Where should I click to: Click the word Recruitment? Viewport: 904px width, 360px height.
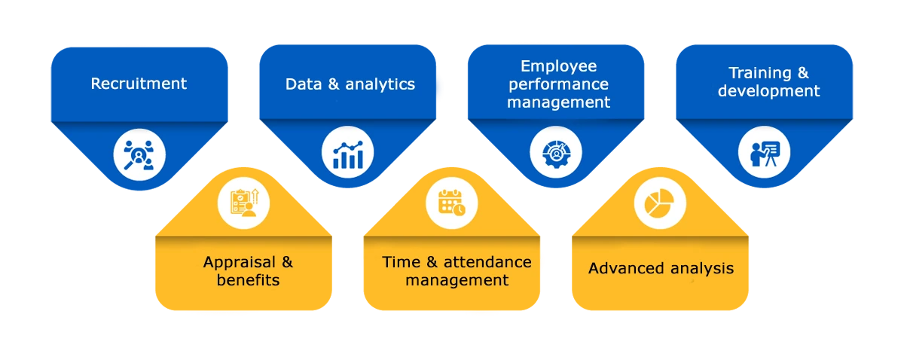(139, 84)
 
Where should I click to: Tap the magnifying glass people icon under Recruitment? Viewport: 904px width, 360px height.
(139, 155)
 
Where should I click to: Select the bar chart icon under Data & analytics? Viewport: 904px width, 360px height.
(347, 155)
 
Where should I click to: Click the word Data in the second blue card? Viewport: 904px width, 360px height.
(304, 84)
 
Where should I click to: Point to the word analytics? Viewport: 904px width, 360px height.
(380, 85)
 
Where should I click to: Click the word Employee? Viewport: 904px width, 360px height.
(558, 67)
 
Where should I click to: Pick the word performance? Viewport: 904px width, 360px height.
(558, 85)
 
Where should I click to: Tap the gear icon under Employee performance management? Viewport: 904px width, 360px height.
(556, 153)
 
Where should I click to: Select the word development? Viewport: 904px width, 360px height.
(768, 91)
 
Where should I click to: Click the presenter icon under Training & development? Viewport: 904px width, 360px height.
(765, 153)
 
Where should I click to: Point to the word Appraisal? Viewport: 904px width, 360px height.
(240, 263)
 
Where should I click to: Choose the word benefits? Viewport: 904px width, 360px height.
(248, 280)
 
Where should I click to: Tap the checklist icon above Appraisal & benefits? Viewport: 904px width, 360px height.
(244, 203)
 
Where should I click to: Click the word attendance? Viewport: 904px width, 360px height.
(487, 262)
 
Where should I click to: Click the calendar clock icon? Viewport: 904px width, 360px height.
(451, 203)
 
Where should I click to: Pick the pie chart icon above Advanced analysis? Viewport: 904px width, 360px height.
(659, 203)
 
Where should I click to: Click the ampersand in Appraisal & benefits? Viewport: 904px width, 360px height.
(287, 262)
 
